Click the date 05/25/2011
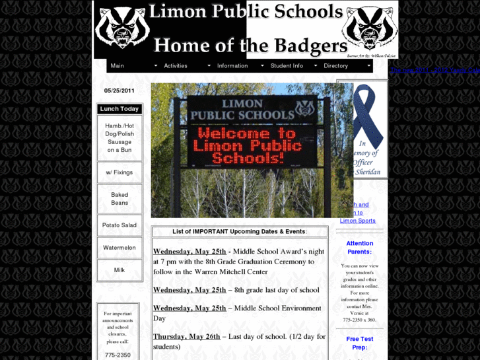120,91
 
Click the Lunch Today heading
120,109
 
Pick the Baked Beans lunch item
120,199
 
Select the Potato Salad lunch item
120,225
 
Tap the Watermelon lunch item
120,248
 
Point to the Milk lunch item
120,270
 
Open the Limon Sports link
358,221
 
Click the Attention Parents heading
360,248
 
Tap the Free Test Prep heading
360,343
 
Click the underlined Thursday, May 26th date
187,336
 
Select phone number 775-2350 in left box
118,355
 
